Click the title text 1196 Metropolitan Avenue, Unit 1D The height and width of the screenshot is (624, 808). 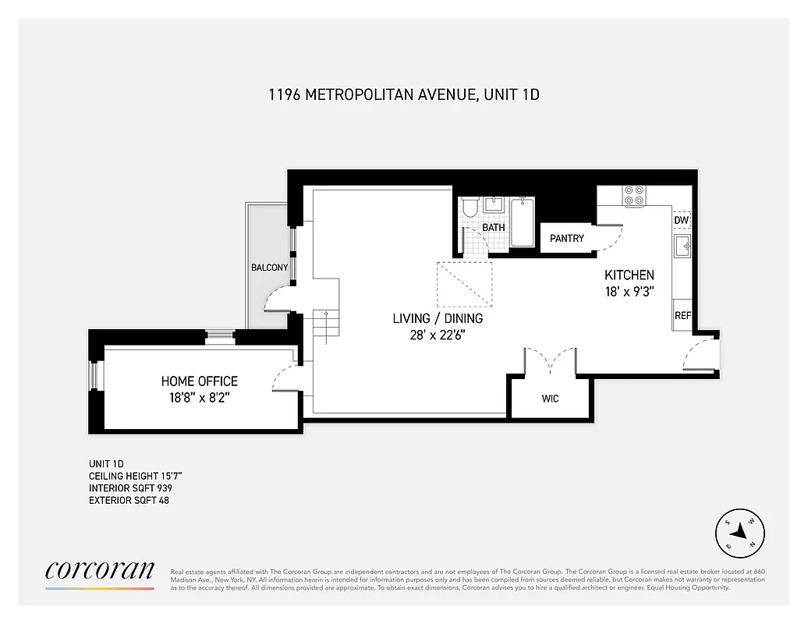[404, 95]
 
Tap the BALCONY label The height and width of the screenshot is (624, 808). [269, 268]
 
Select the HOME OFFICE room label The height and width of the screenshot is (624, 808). [200, 381]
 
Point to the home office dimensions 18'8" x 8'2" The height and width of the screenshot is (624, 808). [200, 397]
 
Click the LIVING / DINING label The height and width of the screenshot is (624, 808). [438, 318]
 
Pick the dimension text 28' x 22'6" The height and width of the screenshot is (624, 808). [438, 335]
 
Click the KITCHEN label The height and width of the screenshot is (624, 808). [629, 275]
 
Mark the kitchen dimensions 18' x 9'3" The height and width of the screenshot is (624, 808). [629, 291]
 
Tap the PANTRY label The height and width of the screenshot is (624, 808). [567, 238]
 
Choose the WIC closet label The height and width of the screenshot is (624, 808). [550, 399]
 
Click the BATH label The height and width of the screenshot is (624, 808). [493, 228]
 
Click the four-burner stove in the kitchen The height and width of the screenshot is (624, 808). [634, 195]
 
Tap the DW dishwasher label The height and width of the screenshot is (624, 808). [681, 220]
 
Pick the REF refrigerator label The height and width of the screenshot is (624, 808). [682, 316]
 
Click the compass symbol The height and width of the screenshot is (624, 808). [739, 534]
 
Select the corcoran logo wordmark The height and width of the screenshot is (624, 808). [100, 570]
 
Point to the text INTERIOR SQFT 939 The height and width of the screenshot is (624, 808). [130, 487]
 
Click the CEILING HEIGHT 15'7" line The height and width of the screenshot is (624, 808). [136, 475]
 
